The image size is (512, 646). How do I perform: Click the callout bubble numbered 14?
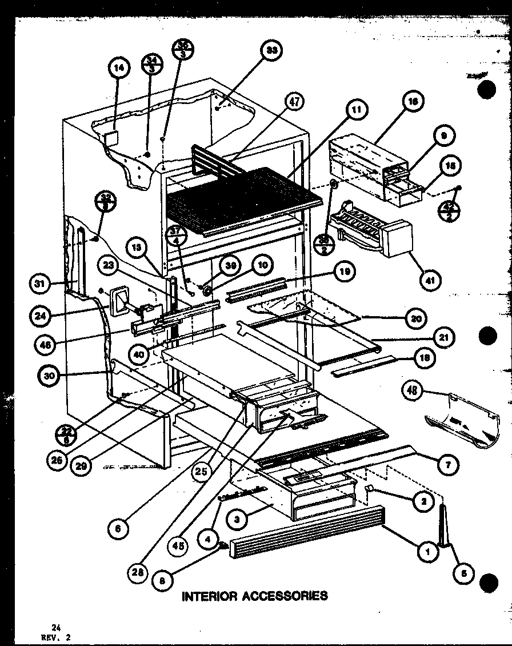tap(118, 68)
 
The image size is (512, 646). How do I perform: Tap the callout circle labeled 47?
tap(295, 102)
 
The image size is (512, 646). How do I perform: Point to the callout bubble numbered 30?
tap(50, 376)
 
